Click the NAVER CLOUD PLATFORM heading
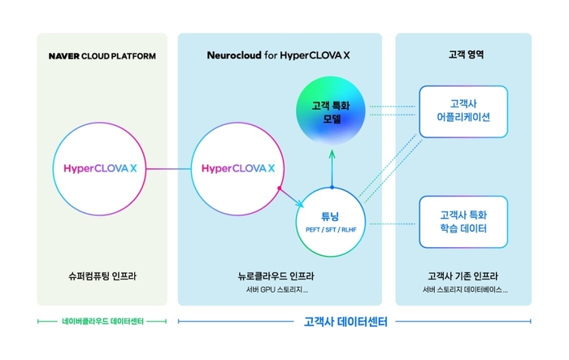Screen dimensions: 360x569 tap(102, 56)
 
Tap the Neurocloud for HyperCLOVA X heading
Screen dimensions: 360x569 tap(280, 56)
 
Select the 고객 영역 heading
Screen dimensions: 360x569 tap(463, 56)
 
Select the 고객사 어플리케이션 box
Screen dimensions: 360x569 tap(463, 111)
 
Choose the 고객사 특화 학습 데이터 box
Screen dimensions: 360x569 tap(463, 222)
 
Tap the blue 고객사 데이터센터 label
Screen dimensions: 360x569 tap(341, 322)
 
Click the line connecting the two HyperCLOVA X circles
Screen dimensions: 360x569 tap(170, 169)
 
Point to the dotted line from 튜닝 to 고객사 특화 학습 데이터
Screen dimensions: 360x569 tap(393, 221)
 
